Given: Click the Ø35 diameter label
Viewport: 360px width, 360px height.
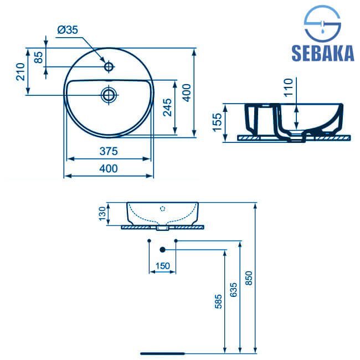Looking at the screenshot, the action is tap(68, 30).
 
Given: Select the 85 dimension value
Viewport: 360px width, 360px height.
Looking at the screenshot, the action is tap(39, 57).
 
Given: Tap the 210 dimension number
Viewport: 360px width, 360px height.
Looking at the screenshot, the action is tap(20, 71).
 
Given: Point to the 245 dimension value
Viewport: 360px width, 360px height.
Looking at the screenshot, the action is tap(167, 107).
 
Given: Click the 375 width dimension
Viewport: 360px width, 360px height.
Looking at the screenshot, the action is tap(109, 151).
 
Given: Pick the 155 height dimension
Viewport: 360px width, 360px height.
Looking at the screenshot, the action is tap(218, 122).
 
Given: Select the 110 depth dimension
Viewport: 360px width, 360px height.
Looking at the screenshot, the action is tap(289, 88).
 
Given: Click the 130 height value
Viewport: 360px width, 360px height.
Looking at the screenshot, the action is tap(102, 214).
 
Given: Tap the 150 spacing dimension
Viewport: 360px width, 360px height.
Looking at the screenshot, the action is tap(163, 266).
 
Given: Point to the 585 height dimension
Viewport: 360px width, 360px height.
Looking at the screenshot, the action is tap(218, 301).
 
